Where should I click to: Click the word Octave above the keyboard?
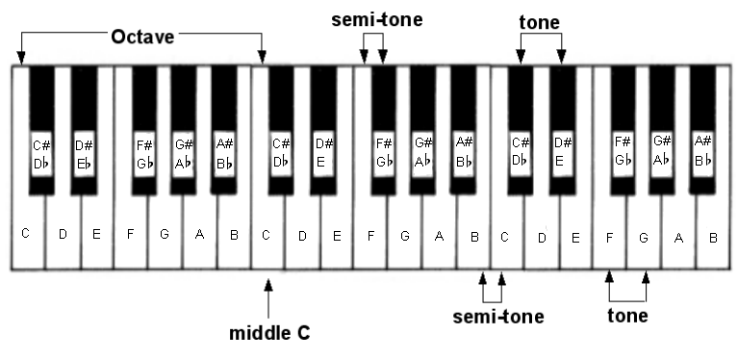(x=142, y=37)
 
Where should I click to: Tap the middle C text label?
(x=269, y=333)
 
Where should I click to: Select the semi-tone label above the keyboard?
(x=377, y=20)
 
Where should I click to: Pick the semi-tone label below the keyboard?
(x=498, y=317)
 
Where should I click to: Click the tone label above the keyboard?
(x=540, y=22)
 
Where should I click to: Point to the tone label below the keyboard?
(x=627, y=316)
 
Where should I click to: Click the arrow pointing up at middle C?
(x=268, y=298)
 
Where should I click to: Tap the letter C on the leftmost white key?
(x=25, y=233)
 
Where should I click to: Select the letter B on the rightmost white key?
(x=713, y=238)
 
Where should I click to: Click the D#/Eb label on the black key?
(x=85, y=154)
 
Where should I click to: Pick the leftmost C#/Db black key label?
(x=41, y=154)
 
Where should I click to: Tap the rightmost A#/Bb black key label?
(x=703, y=150)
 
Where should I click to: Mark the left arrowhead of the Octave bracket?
(x=21, y=58)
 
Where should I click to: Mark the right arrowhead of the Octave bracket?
(x=262, y=58)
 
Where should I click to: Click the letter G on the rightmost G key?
(x=644, y=238)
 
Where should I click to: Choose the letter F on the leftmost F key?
(x=130, y=233)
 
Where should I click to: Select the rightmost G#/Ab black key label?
(x=662, y=150)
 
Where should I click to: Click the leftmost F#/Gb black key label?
(x=144, y=154)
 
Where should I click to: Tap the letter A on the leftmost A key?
(x=199, y=234)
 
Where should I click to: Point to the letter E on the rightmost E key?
(x=575, y=238)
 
